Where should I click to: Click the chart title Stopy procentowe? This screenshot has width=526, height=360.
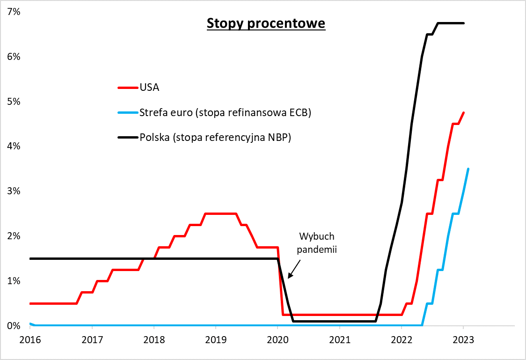[x=266, y=23]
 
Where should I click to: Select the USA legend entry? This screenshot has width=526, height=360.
[x=149, y=87]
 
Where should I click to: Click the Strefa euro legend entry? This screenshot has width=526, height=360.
[x=225, y=112]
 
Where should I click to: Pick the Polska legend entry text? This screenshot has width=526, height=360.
[x=215, y=137]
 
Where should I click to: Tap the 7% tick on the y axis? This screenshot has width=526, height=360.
[x=14, y=12]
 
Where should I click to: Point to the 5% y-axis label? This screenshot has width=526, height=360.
[x=14, y=102]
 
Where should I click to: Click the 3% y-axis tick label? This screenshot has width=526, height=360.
[x=14, y=191]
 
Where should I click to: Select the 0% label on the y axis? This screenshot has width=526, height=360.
[x=14, y=326]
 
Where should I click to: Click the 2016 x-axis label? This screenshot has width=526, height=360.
[x=30, y=339]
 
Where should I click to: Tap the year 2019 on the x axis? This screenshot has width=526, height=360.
[x=215, y=339]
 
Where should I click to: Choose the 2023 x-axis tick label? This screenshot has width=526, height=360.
[x=463, y=339]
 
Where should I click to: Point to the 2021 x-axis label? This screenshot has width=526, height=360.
[x=339, y=339]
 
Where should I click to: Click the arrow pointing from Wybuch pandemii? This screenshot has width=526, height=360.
[x=294, y=269]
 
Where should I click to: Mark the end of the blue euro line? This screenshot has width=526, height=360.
[x=468, y=169]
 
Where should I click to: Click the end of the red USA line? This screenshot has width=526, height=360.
[x=463, y=112]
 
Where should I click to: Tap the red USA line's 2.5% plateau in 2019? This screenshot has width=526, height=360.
[x=220, y=214]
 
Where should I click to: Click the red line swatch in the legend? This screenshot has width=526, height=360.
[x=127, y=87]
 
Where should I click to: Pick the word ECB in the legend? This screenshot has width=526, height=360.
[x=301, y=112]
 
